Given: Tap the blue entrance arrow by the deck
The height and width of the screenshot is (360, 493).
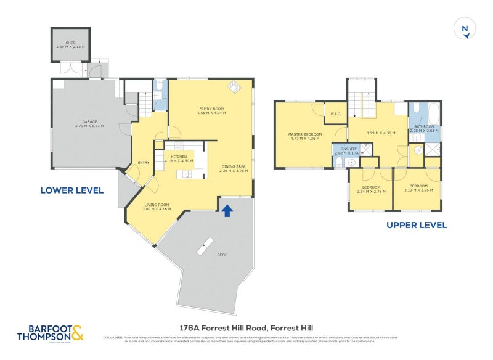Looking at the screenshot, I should coord(227,211).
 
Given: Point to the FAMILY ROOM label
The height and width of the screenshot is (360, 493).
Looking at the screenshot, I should coord(211,108).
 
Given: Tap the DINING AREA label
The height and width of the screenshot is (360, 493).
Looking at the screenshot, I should coord(234,166).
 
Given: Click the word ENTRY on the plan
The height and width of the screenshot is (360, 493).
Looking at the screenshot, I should coord(144,163).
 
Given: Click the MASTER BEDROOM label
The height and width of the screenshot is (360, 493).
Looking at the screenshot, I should coord(304,134).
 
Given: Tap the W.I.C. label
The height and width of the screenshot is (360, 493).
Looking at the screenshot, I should coord(336,113).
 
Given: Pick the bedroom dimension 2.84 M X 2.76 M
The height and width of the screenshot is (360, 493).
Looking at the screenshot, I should coord(371,191).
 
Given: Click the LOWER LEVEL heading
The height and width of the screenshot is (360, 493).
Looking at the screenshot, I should coord(71,190).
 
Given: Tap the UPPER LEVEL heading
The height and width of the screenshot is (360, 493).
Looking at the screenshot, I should coord(417,225).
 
